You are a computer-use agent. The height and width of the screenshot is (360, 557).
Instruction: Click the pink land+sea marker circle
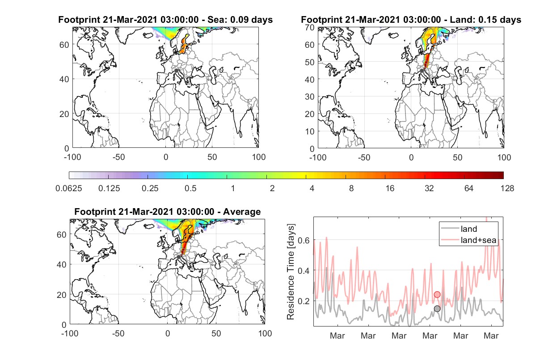click(x=437, y=295)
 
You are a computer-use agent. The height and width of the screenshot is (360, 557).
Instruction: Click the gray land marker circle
click(x=437, y=309)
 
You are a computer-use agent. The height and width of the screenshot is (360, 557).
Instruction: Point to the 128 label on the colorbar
click(x=507, y=188)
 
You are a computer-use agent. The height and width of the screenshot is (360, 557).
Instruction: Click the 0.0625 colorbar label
click(x=69, y=188)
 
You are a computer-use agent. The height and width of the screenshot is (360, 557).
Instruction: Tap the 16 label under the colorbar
click(x=390, y=188)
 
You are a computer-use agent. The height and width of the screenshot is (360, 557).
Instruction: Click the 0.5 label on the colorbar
click(x=190, y=188)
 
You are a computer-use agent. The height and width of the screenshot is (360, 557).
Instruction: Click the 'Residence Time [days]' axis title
click(x=291, y=272)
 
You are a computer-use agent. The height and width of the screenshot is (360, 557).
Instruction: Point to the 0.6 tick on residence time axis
click(x=304, y=240)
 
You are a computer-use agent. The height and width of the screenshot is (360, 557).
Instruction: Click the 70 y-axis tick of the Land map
click(x=310, y=28)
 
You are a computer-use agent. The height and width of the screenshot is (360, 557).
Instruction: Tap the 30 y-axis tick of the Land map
click(x=310, y=96)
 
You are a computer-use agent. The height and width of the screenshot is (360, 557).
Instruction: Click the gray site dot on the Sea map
click(x=176, y=71)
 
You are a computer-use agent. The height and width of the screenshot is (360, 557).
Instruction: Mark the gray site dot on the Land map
click(x=422, y=71)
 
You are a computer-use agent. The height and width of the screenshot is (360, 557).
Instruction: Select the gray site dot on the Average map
click(x=178, y=257)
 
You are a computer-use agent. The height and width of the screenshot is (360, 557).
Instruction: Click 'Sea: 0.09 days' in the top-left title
click(x=240, y=20)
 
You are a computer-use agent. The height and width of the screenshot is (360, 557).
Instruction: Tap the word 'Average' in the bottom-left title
click(x=242, y=212)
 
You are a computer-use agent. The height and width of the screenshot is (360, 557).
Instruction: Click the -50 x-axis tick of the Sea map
click(x=119, y=157)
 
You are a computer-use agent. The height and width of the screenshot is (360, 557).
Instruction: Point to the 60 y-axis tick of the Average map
click(x=61, y=234)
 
